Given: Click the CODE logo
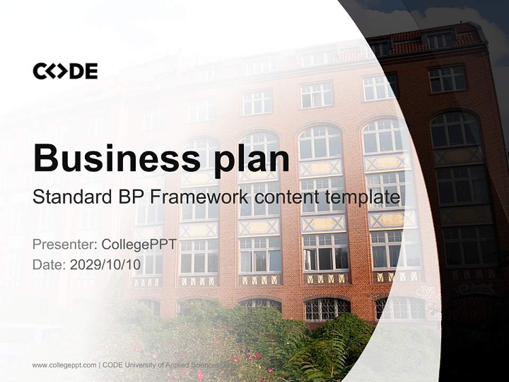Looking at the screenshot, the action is coord(65,71).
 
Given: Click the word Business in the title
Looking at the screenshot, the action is coord(117,158).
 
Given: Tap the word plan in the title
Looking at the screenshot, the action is coord(251,161).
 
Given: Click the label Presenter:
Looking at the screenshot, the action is coord(65,244).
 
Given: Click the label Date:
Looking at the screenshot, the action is coord(49,264).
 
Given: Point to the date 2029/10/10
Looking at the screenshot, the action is coord(106,264).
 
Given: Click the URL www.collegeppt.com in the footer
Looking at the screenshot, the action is coord(64,365).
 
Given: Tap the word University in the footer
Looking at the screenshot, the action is coord(140,365).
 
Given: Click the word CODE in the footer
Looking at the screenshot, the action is coord(112,365).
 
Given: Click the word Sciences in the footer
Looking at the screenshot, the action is coord(205,365).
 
